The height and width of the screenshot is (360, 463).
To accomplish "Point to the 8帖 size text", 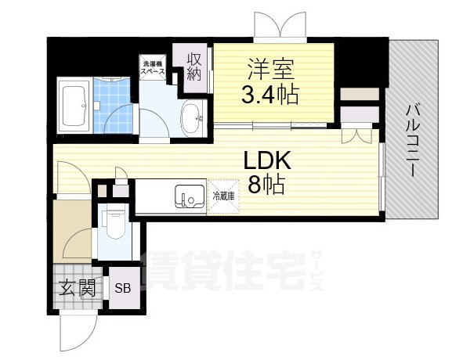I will (266, 185).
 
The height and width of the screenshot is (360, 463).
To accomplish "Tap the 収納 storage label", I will (194, 67).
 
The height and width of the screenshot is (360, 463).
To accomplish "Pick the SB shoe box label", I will (124, 288).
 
